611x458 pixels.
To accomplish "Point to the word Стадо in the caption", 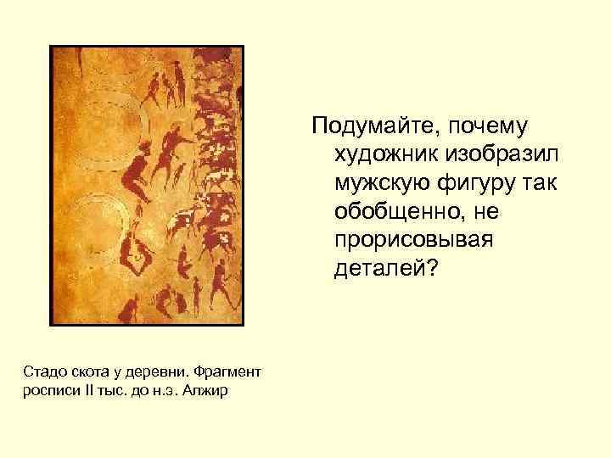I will pyautogui.click(x=39, y=372).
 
